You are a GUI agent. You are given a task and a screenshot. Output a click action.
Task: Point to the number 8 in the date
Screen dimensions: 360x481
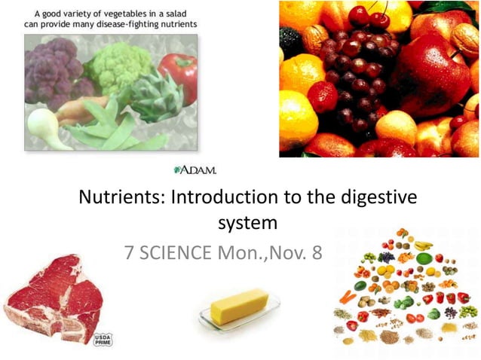click(314, 252)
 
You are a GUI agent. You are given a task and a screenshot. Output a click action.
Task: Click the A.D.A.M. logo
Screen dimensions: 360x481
click(195, 169)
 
